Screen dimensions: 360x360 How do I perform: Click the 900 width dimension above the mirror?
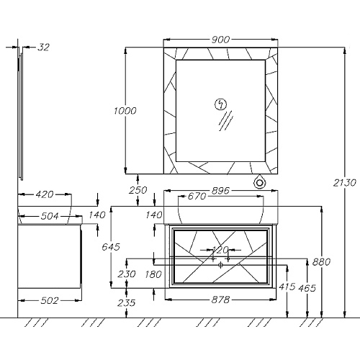pos(220,40)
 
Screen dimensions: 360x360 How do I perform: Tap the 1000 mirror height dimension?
pos(125,111)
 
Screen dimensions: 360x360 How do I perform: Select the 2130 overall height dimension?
pos(345,183)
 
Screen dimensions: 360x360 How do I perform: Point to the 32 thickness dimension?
pos(43,48)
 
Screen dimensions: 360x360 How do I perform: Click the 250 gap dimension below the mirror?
pos(138,190)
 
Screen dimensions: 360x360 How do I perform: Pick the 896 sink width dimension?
pos(220,191)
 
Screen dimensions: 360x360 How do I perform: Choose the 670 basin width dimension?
pos(197,197)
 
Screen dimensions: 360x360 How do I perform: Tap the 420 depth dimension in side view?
pos(45,194)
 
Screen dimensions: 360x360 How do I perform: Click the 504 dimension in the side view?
pos(50,216)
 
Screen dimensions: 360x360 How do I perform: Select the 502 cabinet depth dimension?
pos(50,300)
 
